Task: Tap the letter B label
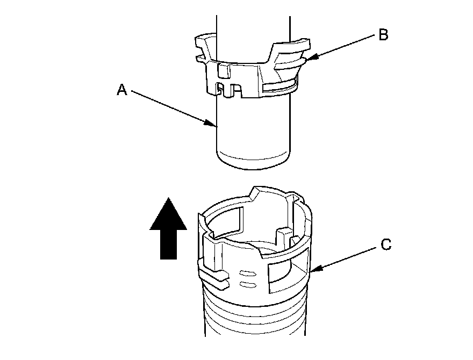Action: click(383, 35)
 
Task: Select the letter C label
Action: click(385, 245)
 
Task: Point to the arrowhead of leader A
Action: click(214, 125)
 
